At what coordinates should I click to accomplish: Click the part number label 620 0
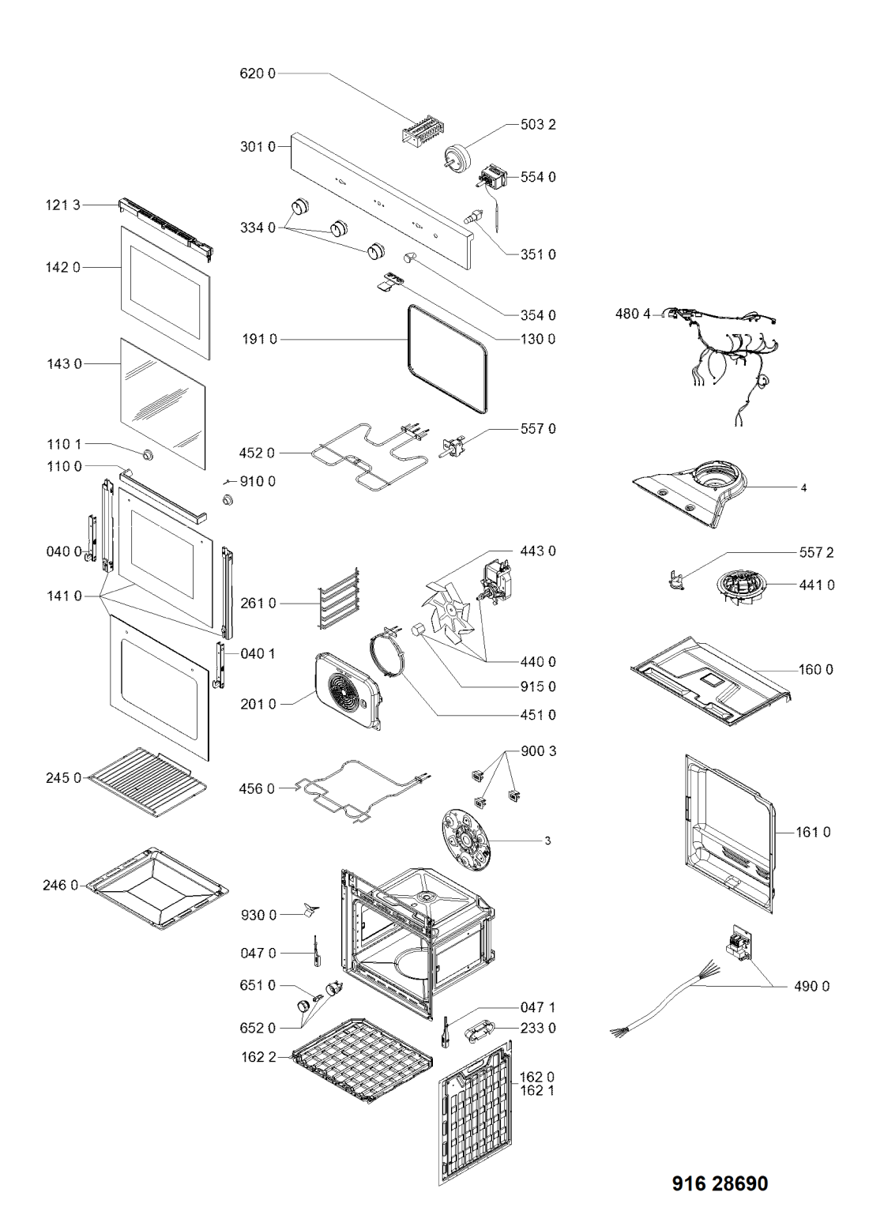pyautogui.click(x=257, y=73)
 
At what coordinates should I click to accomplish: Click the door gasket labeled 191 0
pyautogui.click(x=447, y=359)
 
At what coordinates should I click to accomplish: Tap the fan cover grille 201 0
pyautogui.click(x=349, y=691)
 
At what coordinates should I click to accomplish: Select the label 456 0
pyautogui.click(x=257, y=788)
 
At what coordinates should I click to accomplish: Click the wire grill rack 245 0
pyautogui.click(x=148, y=783)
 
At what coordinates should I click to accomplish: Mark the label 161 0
pyautogui.click(x=814, y=832)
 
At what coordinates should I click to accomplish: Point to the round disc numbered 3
pyautogui.click(x=465, y=841)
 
